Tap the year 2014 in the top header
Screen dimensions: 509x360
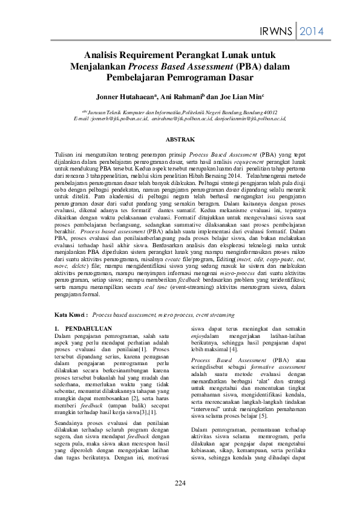tap(312, 31)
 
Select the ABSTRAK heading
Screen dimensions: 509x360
tap(180, 140)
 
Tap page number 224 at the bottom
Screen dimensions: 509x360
tap(180, 482)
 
